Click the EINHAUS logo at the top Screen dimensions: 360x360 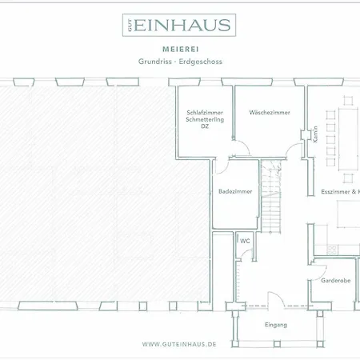(x=179, y=25)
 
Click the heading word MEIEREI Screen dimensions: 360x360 (x=181, y=50)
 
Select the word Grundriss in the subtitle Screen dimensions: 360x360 (x=155, y=62)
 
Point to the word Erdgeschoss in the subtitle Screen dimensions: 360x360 (x=201, y=62)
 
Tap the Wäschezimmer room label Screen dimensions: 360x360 (x=270, y=113)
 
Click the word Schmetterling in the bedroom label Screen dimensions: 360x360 (x=205, y=119)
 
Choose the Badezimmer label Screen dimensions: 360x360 (x=235, y=191)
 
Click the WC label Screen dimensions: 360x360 (x=245, y=241)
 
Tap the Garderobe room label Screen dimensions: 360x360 (x=336, y=281)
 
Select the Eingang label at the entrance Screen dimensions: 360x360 (x=276, y=325)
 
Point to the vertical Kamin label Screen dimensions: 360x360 (x=315, y=134)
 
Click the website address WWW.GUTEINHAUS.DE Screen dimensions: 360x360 (x=179, y=344)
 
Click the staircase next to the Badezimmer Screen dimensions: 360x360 (x=271, y=196)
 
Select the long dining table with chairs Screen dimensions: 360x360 (x=342, y=139)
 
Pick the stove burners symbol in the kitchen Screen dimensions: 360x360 (x=331, y=250)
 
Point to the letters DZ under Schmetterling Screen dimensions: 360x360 (x=205, y=126)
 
